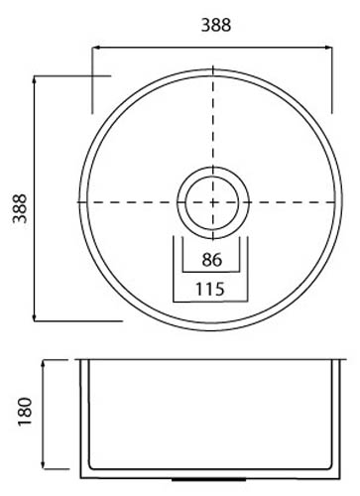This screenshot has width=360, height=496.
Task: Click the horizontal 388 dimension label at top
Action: [216, 25]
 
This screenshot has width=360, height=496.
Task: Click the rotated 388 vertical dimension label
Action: [20, 208]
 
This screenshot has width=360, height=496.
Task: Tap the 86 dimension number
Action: [212, 260]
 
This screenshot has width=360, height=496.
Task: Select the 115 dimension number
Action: [210, 289]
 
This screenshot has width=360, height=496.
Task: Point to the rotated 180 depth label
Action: [25, 412]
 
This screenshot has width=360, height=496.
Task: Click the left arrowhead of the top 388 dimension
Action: [95, 48]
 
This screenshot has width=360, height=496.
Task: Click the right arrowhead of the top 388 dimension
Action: [329, 48]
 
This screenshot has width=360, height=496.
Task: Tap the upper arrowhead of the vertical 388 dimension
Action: [35, 79]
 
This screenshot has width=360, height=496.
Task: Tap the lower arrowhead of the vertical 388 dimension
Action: [35, 317]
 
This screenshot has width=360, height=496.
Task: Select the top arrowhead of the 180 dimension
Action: [43, 364]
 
